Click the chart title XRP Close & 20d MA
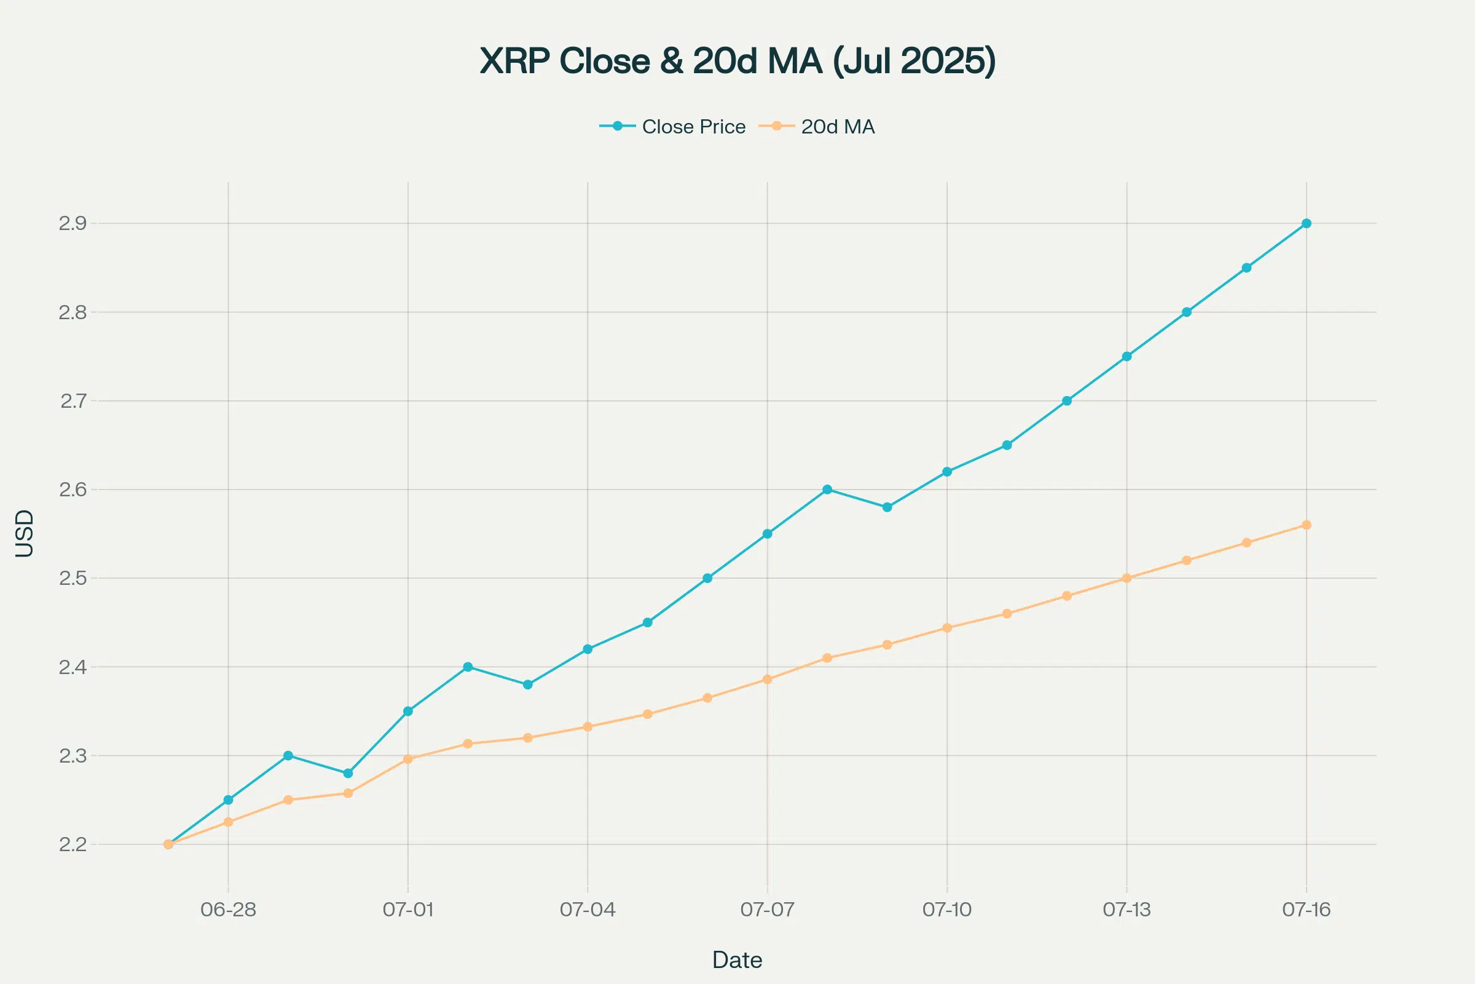[x=737, y=61]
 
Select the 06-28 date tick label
[x=228, y=910]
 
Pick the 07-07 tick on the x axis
[x=767, y=910]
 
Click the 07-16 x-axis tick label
[x=1307, y=910]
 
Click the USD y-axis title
[x=25, y=533]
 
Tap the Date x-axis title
[x=737, y=960]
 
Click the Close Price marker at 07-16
[x=1307, y=223]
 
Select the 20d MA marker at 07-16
[x=1307, y=525]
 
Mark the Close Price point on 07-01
[x=408, y=711]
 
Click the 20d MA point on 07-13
[x=1127, y=578]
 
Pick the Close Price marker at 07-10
[x=947, y=471]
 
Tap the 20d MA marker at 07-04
[x=588, y=727]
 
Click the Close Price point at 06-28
[x=228, y=799]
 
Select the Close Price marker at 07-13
[x=1127, y=357]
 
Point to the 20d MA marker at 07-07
[x=767, y=679]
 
